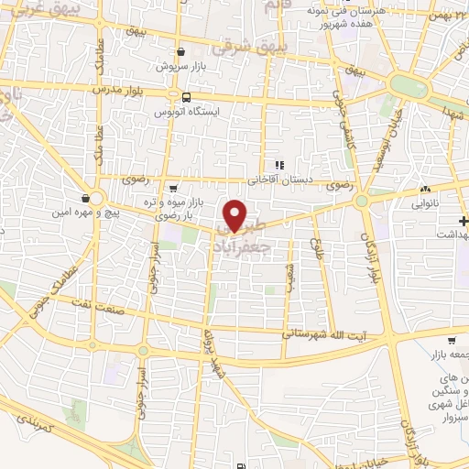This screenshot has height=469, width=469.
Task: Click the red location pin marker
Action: (x=235, y=215)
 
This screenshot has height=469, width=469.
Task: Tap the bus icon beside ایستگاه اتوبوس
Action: (x=186, y=96)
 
